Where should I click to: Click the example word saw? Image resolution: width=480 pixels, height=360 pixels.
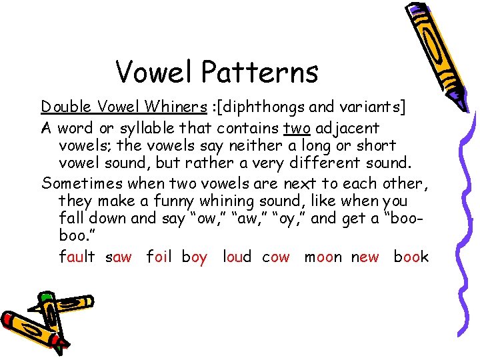(119, 257)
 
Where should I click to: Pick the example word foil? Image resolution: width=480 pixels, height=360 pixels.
(159, 257)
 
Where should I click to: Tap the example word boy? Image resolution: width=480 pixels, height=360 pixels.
(194, 257)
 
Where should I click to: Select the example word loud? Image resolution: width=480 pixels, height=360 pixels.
(237, 257)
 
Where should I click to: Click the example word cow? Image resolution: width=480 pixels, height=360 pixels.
(276, 257)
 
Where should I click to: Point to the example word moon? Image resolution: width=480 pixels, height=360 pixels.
(323, 257)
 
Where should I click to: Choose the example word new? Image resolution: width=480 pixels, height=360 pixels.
(365, 257)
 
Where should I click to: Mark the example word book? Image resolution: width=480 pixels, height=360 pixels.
(411, 257)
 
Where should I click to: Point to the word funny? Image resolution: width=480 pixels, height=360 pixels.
(171, 201)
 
